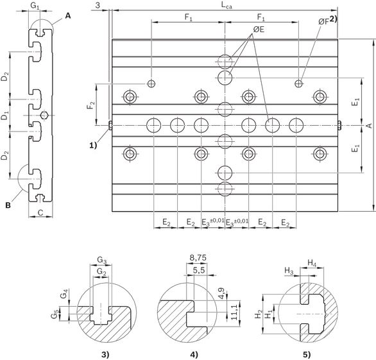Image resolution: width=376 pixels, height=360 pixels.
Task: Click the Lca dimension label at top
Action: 226,6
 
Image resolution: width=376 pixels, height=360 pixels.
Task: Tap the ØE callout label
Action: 259,30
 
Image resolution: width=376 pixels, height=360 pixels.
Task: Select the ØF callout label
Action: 323,22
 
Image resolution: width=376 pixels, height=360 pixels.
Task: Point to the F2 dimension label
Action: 90,105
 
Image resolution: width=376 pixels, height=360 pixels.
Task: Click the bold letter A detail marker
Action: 68,16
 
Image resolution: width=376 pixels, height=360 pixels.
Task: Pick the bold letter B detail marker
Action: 8,205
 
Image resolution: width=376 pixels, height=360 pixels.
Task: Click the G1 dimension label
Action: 35,6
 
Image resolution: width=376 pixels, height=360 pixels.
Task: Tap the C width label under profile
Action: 40,212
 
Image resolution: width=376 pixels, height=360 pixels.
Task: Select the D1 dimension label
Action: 4,117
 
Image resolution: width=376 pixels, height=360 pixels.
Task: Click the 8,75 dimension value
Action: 198,258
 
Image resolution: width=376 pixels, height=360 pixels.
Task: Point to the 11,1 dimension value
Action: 234,312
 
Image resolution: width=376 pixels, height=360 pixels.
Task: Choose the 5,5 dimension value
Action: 199,270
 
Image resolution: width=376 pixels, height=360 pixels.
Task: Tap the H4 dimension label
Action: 312,263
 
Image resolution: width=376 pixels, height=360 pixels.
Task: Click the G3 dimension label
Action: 101,260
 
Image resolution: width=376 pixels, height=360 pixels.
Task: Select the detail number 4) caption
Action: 194,354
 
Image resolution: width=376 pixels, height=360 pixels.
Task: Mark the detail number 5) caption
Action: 307,354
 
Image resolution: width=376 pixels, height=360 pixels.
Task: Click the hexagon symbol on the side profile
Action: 44,116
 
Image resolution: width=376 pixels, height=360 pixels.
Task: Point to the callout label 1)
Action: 93,145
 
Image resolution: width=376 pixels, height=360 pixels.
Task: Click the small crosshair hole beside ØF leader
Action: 298,83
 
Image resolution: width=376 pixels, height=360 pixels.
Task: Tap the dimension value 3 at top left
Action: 98,5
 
